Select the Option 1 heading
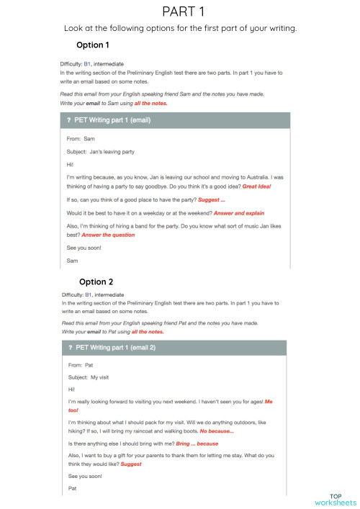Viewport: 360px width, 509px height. pyautogui.click(x=93, y=45)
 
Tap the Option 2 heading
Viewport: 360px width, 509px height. pyautogui.click(x=96, y=281)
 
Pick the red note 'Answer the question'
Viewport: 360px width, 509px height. pyautogui.click(x=109, y=234)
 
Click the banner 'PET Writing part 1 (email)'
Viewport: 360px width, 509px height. pyautogui.click(x=112, y=120)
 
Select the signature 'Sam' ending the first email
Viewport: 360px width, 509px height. pyautogui.click(x=71, y=260)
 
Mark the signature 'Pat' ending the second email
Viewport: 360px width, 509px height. pyautogui.click(x=71, y=487)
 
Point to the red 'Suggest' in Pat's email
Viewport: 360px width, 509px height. pyautogui.click(x=130, y=464)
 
